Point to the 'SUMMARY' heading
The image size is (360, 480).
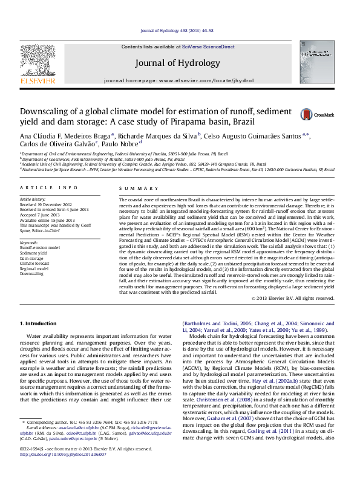click(134, 189)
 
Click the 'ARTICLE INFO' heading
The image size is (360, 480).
click(49, 189)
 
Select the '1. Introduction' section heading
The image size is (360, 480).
click(39, 324)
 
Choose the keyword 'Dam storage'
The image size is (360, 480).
click(32, 258)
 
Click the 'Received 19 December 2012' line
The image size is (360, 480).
click(46, 204)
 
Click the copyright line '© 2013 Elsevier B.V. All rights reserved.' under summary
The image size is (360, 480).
click(301, 299)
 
